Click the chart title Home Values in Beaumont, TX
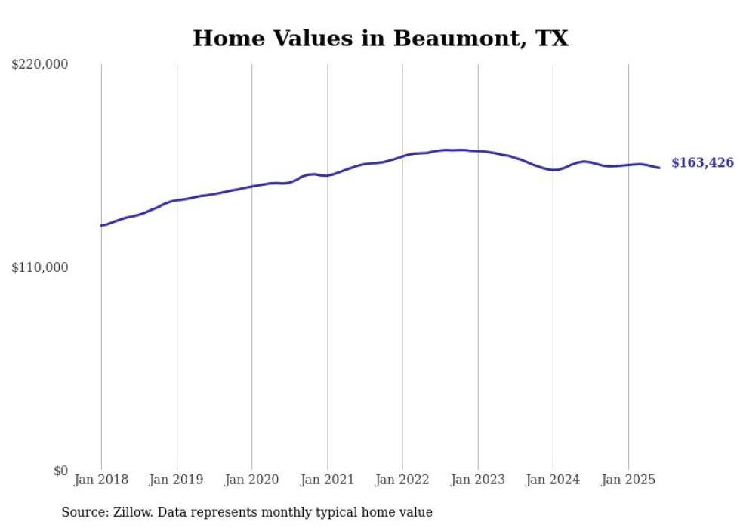coord(380,38)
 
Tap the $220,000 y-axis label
coord(40,65)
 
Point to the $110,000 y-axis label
coord(40,267)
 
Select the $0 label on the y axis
coord(60,471)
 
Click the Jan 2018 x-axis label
coord(101,480)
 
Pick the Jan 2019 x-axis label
coord(177,480)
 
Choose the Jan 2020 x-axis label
coord(252,480)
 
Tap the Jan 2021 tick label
coord(327,480)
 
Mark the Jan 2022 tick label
coord(402,480)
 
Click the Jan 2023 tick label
coord(478,480)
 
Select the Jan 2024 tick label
coord(553,480)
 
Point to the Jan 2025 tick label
coord(628,480)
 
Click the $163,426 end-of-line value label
coord(702,162)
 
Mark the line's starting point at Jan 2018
coord(101,226)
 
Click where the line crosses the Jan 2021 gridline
coord(327,175)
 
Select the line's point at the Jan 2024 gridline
coord(553,170)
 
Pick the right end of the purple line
coord(660,168)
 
